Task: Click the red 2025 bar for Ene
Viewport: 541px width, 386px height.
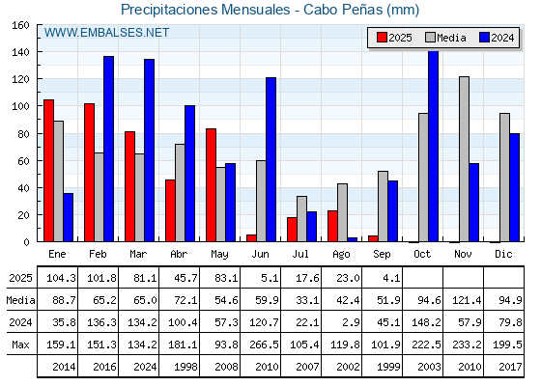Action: (48, 171)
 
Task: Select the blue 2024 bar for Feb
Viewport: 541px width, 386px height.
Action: (108, 149)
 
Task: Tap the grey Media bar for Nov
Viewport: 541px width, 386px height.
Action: (464, 159)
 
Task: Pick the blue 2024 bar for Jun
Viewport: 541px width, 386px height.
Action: (270, 159)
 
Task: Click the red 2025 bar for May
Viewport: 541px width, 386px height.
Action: (212, 185)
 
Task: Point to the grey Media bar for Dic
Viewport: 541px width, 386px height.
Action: (504, 178)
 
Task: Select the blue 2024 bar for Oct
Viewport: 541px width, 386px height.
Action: (434, 146)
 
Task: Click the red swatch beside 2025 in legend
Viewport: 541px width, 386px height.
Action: (382, 38)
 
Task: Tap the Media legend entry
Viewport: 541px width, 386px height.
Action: (445, 38)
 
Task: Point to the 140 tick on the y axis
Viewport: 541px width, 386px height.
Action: (39, 52)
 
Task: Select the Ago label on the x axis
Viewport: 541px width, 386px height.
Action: (341, 255)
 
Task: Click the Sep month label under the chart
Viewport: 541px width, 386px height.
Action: (382, 255)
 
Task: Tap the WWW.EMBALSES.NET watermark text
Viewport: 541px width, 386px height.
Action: (106, 33)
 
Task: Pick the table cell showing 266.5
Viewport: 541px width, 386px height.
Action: (264, 345)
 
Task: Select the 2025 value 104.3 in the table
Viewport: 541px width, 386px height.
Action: (61, 278)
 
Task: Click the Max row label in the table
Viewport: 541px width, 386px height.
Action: (20, 345)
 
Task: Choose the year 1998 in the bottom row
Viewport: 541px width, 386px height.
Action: (185, 367)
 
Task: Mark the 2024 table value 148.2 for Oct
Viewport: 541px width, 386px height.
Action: (426, 322)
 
